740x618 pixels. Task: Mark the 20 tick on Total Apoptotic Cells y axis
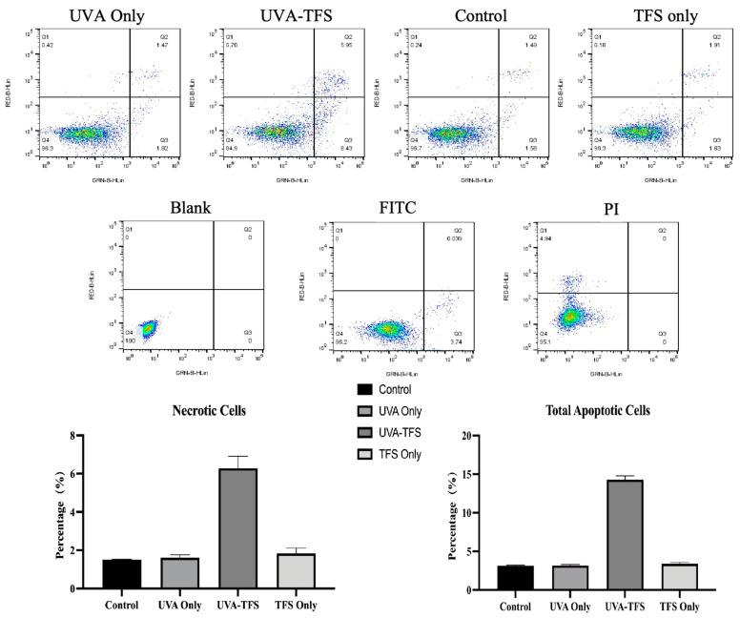(x=492, y=436)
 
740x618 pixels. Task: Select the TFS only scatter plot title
(x=639, y=16)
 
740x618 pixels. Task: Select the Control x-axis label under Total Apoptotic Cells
(x=515, y=606)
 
